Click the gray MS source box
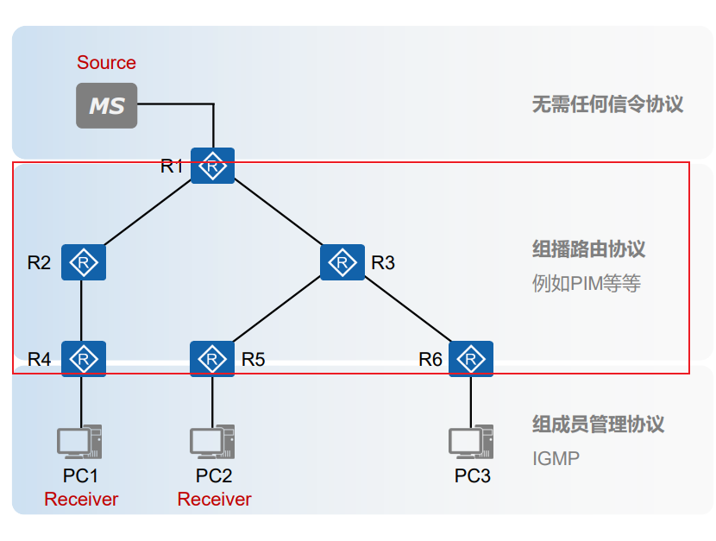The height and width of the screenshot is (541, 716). [x=107, y=105]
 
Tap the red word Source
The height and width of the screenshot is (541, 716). [x=106, y=63]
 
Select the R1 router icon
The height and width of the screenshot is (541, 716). [x=212, y=166]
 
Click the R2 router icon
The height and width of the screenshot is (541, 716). [x=84, y=262]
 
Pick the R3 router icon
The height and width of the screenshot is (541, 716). [x=342, y=262]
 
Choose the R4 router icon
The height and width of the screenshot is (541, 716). [x=84, y=359]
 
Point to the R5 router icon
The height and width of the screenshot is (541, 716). [x=212, y=359]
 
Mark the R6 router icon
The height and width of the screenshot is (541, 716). [x=471, y=359]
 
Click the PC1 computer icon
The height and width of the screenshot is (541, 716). [x=80, y=441]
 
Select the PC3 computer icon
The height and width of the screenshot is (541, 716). [x=471, y=441]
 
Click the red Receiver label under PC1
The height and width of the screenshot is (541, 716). [x=81, y=500]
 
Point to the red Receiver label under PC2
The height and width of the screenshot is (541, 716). [x=214, y=500]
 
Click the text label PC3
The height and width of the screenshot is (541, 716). [x=473, y=475]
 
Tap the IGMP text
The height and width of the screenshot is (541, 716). [x=556, y=458]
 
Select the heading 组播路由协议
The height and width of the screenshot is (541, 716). [x=588, y=250]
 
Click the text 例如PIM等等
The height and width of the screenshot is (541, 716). [x=587, y=284]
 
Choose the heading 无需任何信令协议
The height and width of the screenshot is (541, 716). [x=607, y=104]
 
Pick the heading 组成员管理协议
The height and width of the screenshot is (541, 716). [x=598, y=425]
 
